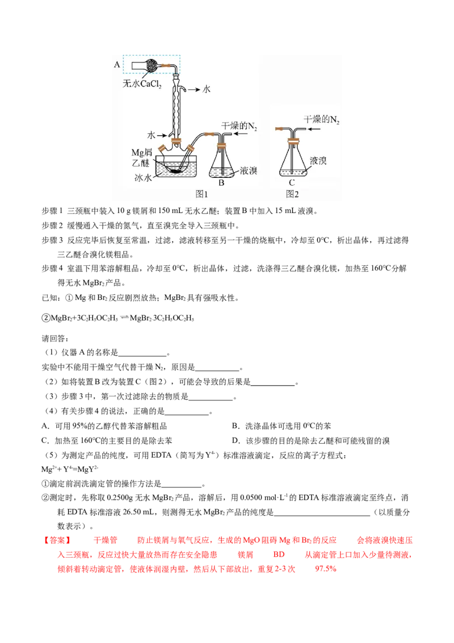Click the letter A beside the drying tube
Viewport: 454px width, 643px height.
(117, 64)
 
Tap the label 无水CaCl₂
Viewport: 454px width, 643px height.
(142, 83)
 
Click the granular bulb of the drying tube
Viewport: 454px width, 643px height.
(152, 65)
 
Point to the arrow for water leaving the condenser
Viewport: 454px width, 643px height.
(194, 89)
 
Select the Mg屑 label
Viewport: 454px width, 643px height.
(141, 153)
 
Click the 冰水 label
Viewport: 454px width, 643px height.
(142, 178)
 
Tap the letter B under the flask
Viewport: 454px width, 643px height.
(221, 183)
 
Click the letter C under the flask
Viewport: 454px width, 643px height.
(292, 183)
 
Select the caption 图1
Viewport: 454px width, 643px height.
(201, 194)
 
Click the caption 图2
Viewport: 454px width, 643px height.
(292, 194)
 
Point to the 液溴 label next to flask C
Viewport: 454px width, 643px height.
(318, 161)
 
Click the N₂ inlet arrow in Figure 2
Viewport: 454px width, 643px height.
(313, 129)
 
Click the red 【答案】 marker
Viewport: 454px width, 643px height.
(57, 541)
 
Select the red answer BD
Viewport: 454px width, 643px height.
(279, 554)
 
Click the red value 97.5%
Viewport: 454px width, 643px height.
(326, 569)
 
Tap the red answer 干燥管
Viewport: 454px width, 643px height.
(106, 541)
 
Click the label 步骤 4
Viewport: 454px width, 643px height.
(52, 269)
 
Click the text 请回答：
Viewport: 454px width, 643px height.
(55, 339)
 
